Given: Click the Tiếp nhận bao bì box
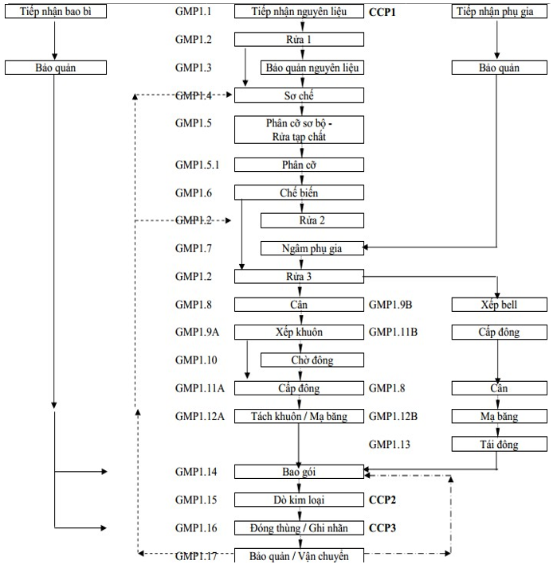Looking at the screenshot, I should tap(54, 12).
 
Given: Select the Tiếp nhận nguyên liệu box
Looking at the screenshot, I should tap(299, 12).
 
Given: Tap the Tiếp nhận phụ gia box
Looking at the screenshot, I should tap(498, 12).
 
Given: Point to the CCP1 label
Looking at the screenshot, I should tap(383, 12).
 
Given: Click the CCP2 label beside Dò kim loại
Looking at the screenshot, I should tap(383, 500).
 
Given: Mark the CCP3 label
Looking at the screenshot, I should tap(383, 527).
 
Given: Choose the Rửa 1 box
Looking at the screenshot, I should tap(299, 40).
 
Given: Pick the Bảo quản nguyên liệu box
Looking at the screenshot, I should tap(312, 68).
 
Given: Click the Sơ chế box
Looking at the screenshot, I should tap(299, 95).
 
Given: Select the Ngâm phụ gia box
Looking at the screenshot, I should tap(312, 248).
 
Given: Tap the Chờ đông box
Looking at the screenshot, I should tap(312, 360).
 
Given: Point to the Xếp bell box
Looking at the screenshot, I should tap(498, 305).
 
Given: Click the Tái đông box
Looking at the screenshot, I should tap(498, 444).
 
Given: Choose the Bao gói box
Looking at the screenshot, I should tap(299, 472).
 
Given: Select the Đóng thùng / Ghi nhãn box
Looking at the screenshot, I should tap(299, 527).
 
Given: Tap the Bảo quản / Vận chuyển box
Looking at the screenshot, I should tap(299, 554).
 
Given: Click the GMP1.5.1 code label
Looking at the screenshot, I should tap(199, 165).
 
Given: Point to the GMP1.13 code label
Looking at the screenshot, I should tap(391, 444).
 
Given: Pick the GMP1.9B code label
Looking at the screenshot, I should tap(393, 305).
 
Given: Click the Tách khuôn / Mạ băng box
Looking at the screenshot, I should tap(299, 416).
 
